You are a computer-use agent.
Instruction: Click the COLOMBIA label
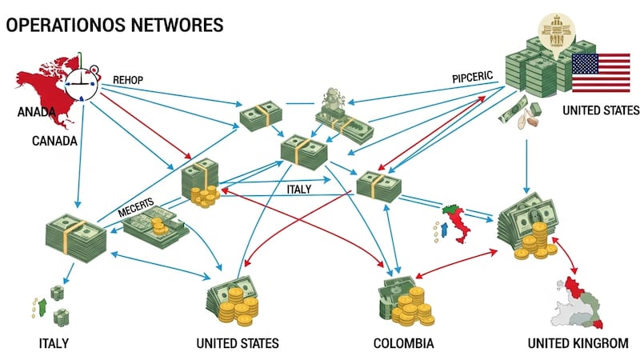click(403, 344)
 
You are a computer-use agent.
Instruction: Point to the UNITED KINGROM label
click(578, 344)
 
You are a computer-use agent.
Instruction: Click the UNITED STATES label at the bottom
click(238, 344)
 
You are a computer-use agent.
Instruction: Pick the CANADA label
click(54, 142)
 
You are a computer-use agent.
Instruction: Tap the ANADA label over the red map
click(36, 113)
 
